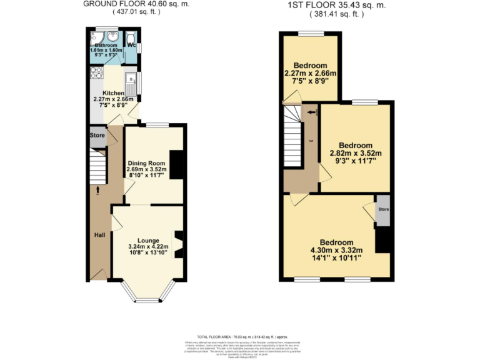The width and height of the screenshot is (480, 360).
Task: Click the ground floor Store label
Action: pos(97,135)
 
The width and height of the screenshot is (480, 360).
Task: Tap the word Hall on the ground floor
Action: pos(99,235)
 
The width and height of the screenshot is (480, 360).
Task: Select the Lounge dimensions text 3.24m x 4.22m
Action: pos(149,247)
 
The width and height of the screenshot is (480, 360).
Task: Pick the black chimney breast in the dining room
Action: pos(177,165)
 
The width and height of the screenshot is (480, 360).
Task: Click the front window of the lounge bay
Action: pos(148,301)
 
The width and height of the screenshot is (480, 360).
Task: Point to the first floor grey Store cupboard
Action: pos(382,212)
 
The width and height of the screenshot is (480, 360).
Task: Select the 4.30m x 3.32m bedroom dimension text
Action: pos(336,250)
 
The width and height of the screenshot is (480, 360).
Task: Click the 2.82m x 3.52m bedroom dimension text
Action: pos(355,153)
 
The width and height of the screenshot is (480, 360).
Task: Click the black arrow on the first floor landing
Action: pos(311,113)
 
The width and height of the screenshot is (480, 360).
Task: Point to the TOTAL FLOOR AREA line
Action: pos(240,336)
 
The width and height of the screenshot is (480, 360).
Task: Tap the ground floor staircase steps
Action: pos(97,167)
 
